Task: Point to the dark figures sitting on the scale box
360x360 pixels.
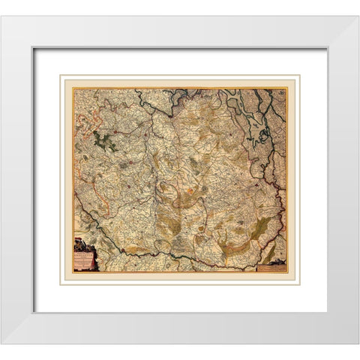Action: tap(274, 259)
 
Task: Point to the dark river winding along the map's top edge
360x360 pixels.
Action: tap(225, 94)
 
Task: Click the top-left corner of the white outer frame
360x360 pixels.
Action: tap(3, 18)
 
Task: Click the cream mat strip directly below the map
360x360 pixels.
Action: tap(180, 277)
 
